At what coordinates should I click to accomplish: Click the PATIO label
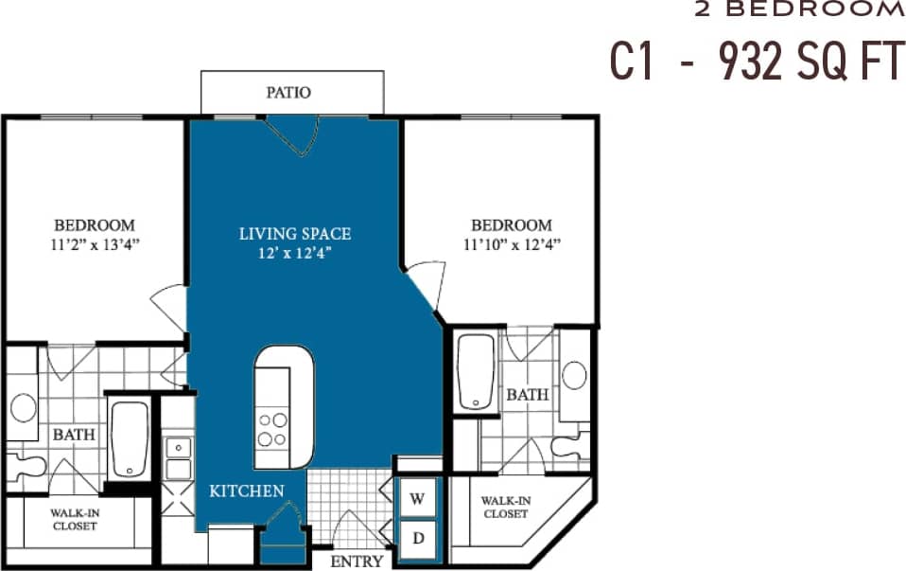(x=288, y=93)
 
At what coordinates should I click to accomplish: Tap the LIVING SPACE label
(x=294, y=233)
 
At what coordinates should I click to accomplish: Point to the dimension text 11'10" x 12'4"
(x=512, y=244)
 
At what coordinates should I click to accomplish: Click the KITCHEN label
(x=247, y=491)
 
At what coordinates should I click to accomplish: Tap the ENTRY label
(x=357, y=561)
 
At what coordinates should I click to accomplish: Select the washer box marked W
(x=417, y=496)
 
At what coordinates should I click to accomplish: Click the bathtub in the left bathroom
(x=129, y=440)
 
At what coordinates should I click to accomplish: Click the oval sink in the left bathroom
(x=23, y=407)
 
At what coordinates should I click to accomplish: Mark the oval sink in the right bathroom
(x=574, y=375)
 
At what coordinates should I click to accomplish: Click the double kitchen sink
(x=176, y=457)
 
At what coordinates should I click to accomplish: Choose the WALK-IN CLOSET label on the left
(x=74, y=519)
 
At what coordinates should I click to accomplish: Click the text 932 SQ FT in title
(x=810, y=62)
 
